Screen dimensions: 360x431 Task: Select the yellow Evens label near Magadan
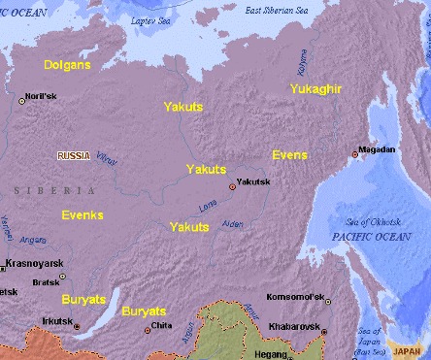289,154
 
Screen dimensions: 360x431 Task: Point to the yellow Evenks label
81,213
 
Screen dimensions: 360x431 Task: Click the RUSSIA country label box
75,155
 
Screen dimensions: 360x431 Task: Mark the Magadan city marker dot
355,154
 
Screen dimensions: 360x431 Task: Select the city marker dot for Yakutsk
231,185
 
